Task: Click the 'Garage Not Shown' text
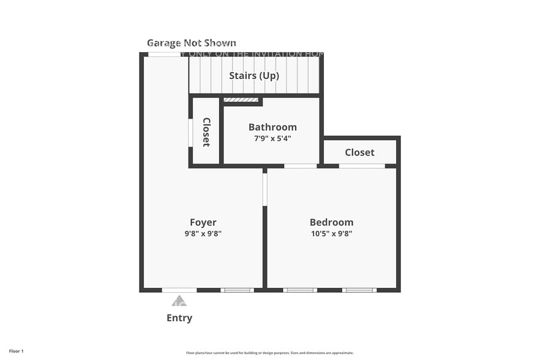coord(191,43)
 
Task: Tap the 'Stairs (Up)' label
coord(254,76)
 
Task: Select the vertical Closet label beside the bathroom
coord(206,132)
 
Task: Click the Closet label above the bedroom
coord(359,152)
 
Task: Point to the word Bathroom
coord(272,127)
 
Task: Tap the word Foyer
coord(203,222)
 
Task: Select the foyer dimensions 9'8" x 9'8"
coord(203,233)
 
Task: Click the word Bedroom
coord(331,222)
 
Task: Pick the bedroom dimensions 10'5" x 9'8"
coord(331,233)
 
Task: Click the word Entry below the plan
coord(179,318)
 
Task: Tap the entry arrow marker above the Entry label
coord(179,301)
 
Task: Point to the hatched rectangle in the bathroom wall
coord(241,100)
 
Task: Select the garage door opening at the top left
coord(164,54)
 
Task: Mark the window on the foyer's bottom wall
coord(237,290)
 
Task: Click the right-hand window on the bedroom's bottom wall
coord(359,290)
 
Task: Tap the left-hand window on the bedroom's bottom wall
coord(300,290)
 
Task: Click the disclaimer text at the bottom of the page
coord(270,353)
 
